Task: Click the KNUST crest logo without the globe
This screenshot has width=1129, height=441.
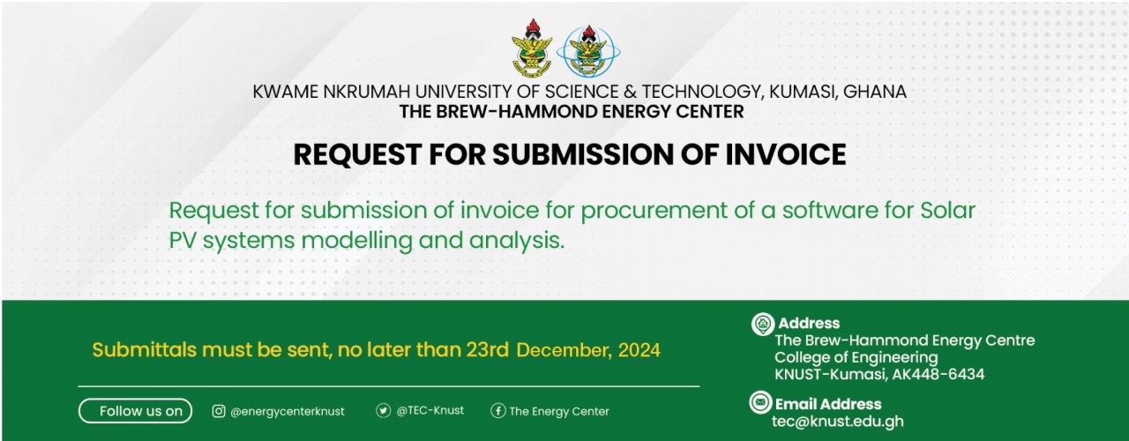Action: [x=532, y=49]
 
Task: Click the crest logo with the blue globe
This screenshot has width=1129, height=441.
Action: [x=588, y=51]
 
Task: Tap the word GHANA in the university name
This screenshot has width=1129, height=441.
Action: [x=874, y=92]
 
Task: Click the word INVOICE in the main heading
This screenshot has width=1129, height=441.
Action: [x=785, y=154]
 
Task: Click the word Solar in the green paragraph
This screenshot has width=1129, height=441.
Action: [x=948, y=210]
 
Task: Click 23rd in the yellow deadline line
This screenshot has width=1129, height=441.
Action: [x=488, y=350]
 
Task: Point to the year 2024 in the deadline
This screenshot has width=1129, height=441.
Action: [x=639, y=350]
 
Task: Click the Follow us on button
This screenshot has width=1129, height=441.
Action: [x=135, y=411]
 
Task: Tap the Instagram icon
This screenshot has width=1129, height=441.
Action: [x=218, y=411]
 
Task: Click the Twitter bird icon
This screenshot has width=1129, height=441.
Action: [x=383, y=411]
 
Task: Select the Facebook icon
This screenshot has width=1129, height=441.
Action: [x=498, y=411]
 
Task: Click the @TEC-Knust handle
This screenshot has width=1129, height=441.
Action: [x=430, y=411]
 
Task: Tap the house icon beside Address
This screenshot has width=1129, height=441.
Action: [x=763, y=324]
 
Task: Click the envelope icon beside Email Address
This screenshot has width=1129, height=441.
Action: [x=760, y=402]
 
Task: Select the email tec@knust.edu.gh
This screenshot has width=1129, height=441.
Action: [x=838, y=422]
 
